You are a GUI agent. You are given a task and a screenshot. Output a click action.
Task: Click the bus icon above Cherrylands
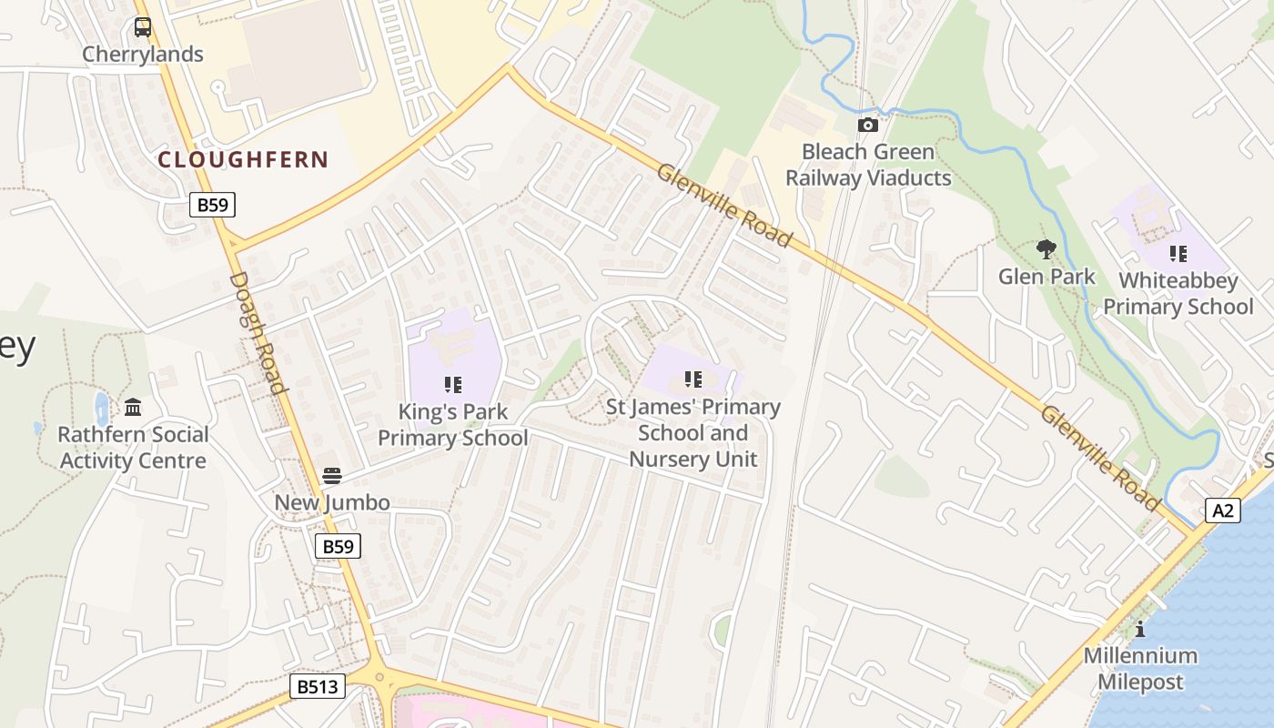click(143, 27)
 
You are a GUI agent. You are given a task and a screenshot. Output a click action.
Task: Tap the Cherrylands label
click(143, 55)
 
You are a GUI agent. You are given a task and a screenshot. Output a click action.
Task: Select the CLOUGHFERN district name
click(243, 160)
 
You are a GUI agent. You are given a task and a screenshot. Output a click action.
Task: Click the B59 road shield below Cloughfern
click(213, 205)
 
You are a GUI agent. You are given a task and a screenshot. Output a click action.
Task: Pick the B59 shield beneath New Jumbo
click(339, 546)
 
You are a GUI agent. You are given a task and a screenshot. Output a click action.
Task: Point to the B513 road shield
click(318, 686)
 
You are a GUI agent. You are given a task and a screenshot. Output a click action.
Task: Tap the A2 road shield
click(1224, 511)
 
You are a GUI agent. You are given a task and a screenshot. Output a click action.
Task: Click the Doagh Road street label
click(258, 332)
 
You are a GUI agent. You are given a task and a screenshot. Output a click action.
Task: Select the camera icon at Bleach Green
click(868, 125)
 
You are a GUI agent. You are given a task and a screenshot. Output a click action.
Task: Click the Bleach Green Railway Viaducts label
click(868, 165)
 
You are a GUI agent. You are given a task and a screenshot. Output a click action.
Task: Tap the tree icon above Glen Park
click(1046, 248)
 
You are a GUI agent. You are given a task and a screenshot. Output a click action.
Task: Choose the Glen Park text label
click(1046, 277)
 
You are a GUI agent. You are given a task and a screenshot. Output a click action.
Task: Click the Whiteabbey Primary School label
click(1178, 294)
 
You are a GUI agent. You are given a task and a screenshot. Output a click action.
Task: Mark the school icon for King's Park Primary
click(453, 385)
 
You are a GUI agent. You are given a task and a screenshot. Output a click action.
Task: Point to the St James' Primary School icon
click(693, 379)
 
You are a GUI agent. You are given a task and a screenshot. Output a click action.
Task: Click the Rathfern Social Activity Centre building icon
click(134, 407)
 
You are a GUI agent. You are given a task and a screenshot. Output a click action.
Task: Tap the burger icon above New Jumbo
click(332, 475)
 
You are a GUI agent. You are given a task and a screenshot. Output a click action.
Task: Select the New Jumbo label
click(332, 502)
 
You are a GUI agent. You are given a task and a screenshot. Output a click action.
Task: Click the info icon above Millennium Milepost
click(1140, 629)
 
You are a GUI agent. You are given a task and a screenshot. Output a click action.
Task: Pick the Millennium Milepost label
click(1140, 669)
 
